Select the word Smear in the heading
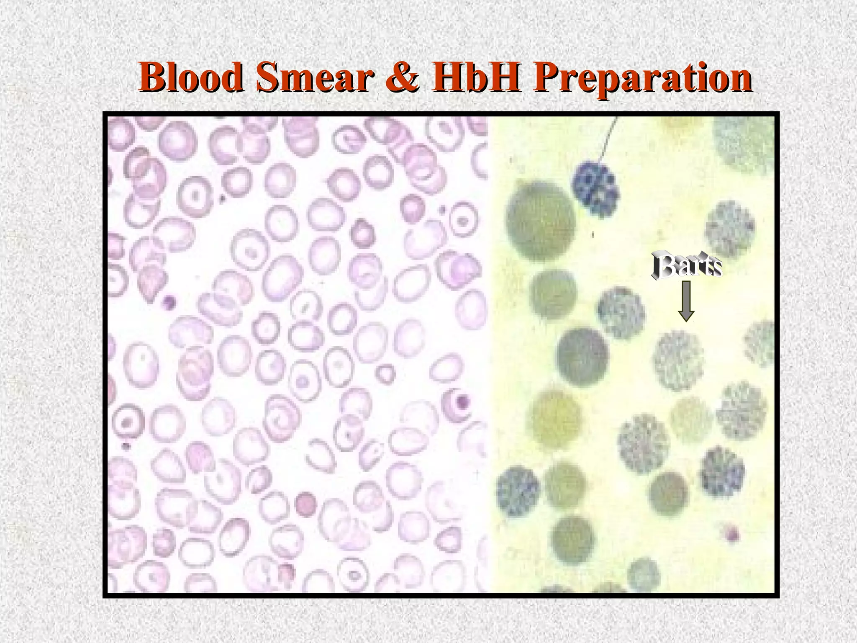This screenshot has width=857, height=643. click(314, 78)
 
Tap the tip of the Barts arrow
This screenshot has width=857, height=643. click(686, 320)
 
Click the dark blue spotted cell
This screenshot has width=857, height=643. click(595, 188)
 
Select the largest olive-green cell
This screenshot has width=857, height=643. click(540, 221)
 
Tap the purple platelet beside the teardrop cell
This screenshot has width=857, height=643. click(169, 301)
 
